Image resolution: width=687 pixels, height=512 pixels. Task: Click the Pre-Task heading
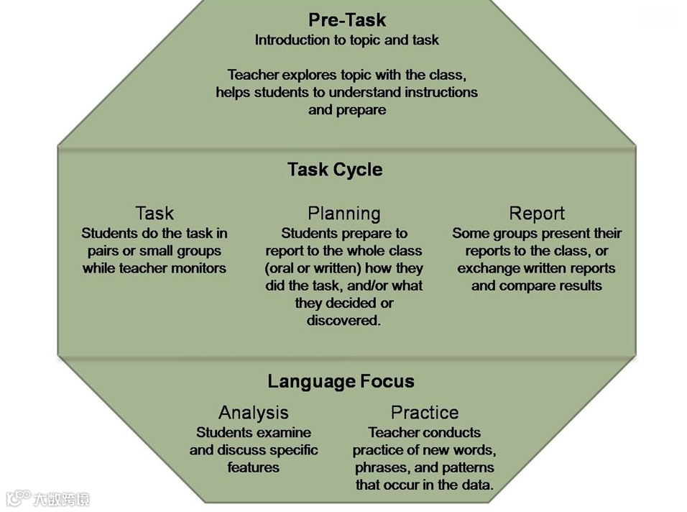point(347,19)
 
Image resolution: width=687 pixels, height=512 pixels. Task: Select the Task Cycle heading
point(335,170)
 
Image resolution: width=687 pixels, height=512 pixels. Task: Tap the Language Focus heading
point(341,381)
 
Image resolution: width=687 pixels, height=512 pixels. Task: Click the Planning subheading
point(343,214)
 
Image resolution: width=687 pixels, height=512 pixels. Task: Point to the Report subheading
point(537,214)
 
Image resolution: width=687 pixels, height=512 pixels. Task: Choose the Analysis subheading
point(253,413)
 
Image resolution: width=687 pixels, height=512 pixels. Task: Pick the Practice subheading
point(424,413)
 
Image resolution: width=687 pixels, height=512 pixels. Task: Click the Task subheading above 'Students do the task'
point(155,214)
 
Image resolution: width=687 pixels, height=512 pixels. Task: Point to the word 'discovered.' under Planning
point(343,321)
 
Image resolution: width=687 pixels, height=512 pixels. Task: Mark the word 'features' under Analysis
point(253,467)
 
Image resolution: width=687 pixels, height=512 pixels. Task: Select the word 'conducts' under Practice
point(453,433)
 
